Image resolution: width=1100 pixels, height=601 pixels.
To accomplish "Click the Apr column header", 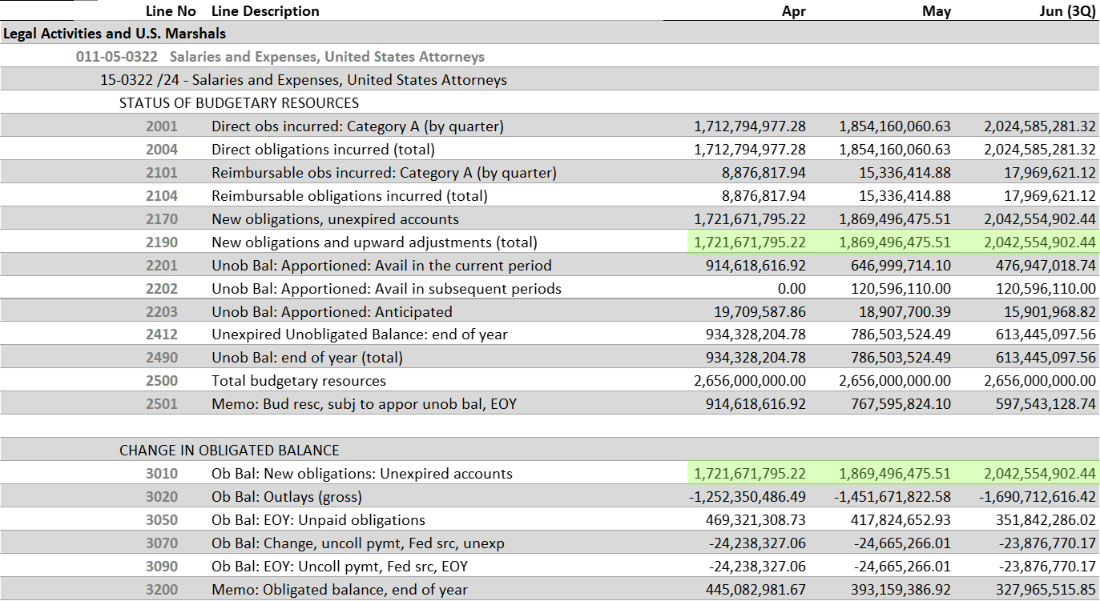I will pyautogui.click(x=793, y=11).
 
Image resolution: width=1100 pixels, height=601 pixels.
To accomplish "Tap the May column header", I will pyautogui.click(x=936, y=11).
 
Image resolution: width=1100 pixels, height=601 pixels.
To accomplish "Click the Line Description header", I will pyautogui.click(x=265, y=11).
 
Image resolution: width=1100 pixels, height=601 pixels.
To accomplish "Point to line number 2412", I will pyautogui.click(x=162, y=335).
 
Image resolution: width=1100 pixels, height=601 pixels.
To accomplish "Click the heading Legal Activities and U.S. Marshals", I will pyautogui.click(x=115, y=34).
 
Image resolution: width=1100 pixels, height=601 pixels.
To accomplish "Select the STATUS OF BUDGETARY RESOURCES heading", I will pyautogui.click(x=239, y=103).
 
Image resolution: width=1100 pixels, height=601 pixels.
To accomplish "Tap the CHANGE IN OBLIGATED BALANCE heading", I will pyautogui.click(x=229, y=451).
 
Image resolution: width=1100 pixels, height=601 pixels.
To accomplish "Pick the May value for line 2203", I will pyautogui.click(x=895, y=312).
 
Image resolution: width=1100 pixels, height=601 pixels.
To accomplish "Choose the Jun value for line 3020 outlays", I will pyautogui.click(x=1038, y=497).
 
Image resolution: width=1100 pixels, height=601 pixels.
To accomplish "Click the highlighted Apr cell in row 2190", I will pyautogui.click(x=750, y=242).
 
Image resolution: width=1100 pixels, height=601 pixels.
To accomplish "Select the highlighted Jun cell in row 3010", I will pyautogui.click(x=1040, y=474).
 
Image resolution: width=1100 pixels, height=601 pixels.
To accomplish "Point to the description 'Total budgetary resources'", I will pyautogui.click(x=298, y=381).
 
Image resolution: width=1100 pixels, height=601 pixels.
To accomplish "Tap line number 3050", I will pyautogui.click(x=162, y=520).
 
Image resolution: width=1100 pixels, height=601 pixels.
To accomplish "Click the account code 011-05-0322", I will pyautogui.click(x=117, y=57).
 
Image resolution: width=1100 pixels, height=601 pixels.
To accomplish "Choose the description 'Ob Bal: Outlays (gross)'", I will pyautogui.click(x=286, y=497).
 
